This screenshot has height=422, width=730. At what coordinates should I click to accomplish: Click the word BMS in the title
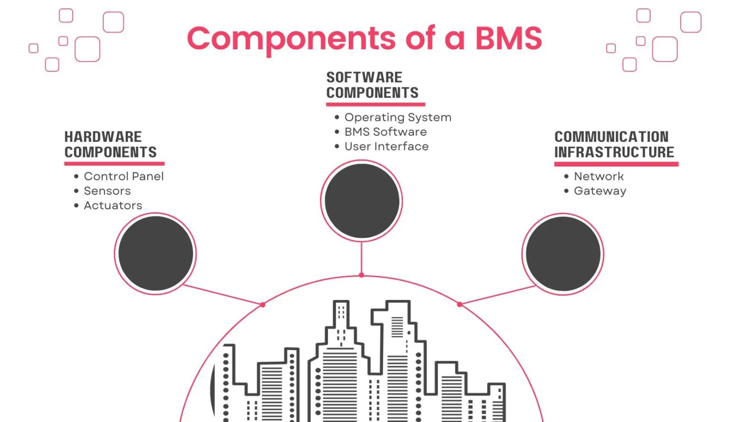point(509,38)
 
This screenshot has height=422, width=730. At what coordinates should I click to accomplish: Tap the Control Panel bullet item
point(124,176)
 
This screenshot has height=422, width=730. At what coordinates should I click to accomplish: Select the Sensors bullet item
point(107,191)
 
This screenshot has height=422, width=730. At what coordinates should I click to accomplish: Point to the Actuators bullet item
point(113,206)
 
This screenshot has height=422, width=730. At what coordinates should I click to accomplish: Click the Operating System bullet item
point(398,117)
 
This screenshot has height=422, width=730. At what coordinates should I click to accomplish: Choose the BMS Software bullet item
point(385,132)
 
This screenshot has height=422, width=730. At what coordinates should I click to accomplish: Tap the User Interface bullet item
point(386,147)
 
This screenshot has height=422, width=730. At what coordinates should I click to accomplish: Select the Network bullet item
point(598,176)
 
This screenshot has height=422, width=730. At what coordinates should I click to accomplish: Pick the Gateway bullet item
point(600,191)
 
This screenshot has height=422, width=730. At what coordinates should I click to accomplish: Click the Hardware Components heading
point(110,144)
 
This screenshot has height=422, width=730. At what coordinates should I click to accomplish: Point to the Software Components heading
point(372,85)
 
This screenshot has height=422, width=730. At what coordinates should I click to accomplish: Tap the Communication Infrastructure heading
point(614,144)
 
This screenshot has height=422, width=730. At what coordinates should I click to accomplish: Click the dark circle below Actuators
point(155,253)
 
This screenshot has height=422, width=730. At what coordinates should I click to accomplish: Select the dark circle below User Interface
point(362,201)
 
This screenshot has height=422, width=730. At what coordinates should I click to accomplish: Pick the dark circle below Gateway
point(563,254)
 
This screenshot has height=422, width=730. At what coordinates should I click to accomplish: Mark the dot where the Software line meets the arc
point(362,275)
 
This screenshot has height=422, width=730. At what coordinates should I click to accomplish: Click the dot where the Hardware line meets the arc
point(263,304)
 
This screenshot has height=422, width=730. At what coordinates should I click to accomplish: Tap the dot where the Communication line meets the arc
point(460,304)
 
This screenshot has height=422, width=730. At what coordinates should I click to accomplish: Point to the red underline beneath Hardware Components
point(114,164)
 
